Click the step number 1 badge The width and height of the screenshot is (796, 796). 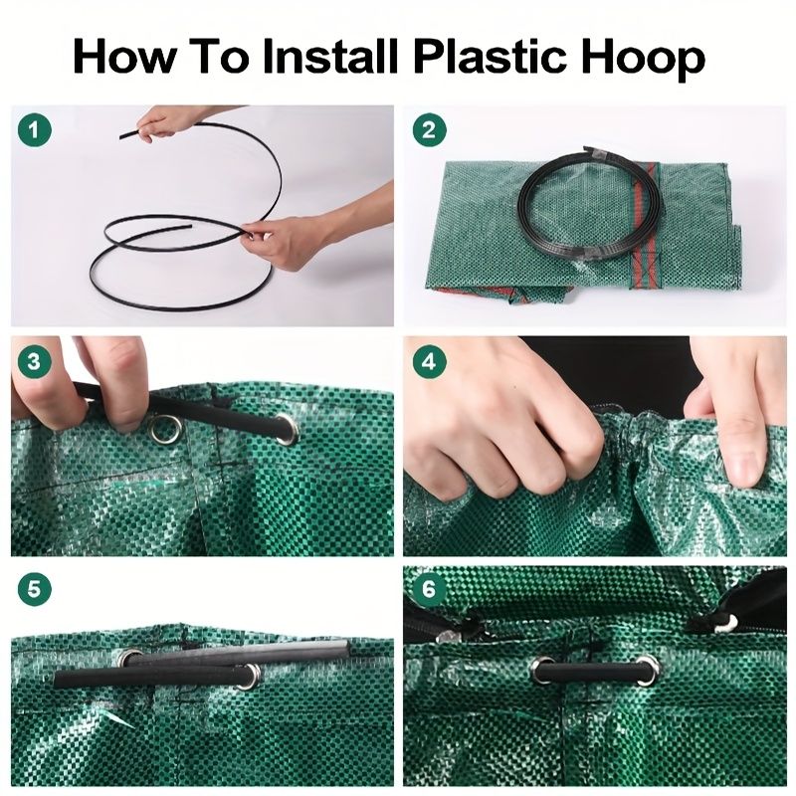35,130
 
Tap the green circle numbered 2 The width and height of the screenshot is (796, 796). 429,130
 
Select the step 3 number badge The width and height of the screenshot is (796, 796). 35,362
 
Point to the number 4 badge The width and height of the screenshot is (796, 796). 429,362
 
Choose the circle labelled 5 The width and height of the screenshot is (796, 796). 35,589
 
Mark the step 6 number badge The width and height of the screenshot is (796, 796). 429,589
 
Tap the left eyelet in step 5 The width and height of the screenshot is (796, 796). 130,659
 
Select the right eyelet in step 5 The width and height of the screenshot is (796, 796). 250,676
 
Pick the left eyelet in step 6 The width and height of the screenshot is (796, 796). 542,669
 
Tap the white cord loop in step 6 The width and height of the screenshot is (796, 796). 726,623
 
